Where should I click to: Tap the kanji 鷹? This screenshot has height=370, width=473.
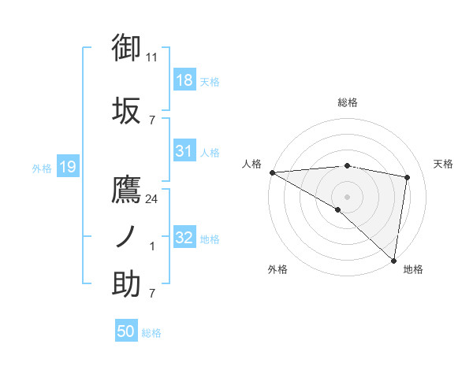coord(126,191)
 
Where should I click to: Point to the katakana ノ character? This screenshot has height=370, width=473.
coord(126,236)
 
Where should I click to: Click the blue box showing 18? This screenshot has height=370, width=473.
coord(184,80)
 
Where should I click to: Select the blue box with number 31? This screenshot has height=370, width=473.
coord(184,151)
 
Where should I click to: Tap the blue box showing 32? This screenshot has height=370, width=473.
coord(184,238)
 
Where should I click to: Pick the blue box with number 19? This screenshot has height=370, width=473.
coord(67,166)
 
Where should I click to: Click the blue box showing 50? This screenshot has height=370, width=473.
coord(126,331)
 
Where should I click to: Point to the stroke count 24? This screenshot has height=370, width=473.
coord(152,198)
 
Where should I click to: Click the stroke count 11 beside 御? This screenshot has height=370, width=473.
coord(152,57)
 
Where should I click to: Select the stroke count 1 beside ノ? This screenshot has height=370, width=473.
coord(152,246)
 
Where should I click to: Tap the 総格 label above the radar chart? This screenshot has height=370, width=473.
coord(347,102)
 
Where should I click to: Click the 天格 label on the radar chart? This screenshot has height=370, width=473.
coord(443,164)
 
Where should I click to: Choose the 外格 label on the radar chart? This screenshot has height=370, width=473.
coord(277,269)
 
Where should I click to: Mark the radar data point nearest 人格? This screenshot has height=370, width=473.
coord(272,172)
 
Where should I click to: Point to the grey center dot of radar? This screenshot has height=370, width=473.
coord(347,195)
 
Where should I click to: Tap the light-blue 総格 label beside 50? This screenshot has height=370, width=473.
coord(151,333)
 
